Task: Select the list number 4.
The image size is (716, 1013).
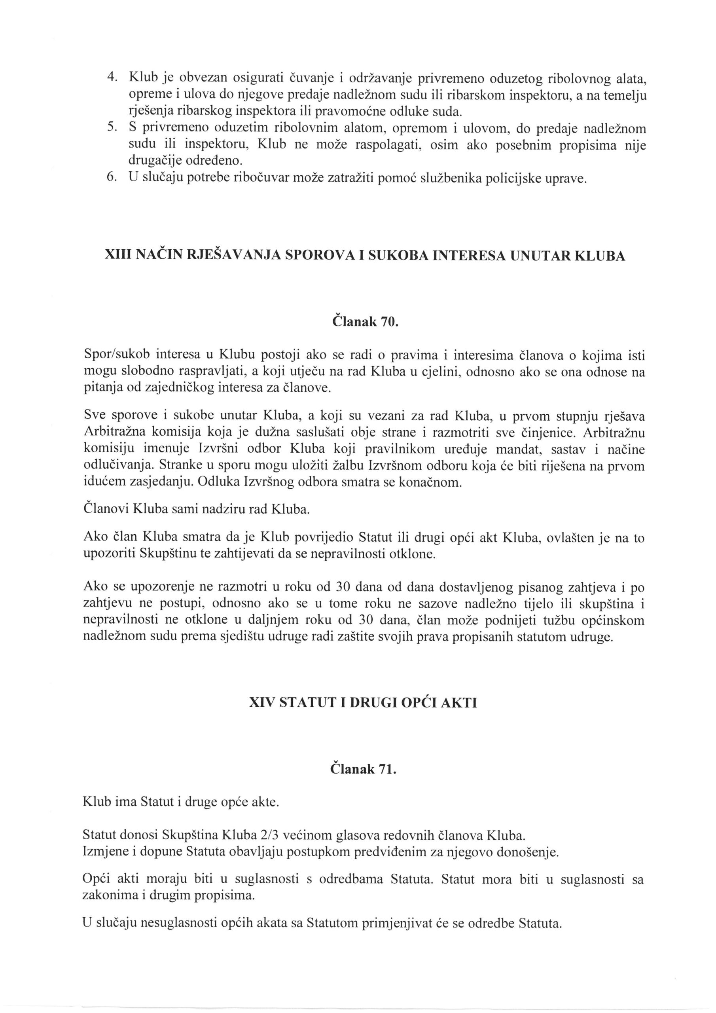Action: [112, 78]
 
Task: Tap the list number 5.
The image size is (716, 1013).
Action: [112, 127]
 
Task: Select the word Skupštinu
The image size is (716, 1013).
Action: [168, 554]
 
